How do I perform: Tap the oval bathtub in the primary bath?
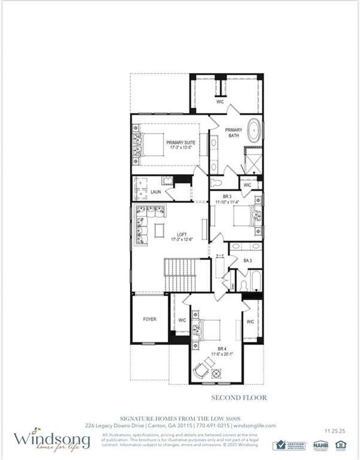point(255,131)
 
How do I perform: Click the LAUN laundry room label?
point(156,192)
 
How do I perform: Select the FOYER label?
point(149,319)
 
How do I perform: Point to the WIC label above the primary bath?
point(220,102)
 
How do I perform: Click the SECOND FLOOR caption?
point(238,397)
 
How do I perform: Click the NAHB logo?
point(320,445)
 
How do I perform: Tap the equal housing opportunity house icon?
point(341,444)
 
